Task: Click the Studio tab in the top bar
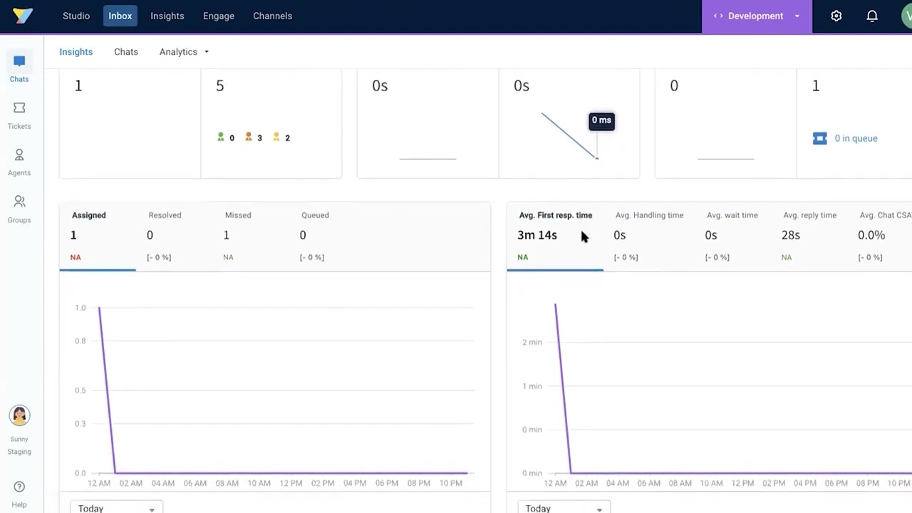click(x=76, y=16)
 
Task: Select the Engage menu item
click(x=218, y=16)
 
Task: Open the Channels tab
click(x=272, y=16)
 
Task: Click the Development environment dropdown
click(x=756, y=16)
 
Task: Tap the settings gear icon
click(x=836, y=16)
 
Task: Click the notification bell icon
click(x=872, y=16)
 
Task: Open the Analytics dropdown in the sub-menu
click(x=184, y=52)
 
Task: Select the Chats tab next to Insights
click(x=126, y=52)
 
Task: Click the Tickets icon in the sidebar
click(x=19, y=108)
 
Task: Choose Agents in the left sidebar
click(x=19, y=155)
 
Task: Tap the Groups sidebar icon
click(x=19, y=202)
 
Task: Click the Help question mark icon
click(x=19, y=487)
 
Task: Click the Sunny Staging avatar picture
click(x=19, y=415)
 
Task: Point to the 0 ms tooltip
click(x=601, y=120)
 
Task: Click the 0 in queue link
click(x=856, y=138)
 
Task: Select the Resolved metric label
click(x=165, y=215)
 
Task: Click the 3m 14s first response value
click(x=537, y=235)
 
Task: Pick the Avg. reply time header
click(x=809, y=215)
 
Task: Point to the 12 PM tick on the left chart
click(x=291, y=483)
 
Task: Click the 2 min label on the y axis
click(x=532, y=342)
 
